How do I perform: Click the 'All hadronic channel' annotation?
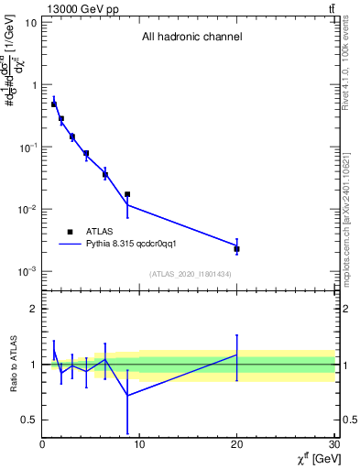(x=191, y=38)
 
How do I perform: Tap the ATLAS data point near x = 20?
(x=236, y=249)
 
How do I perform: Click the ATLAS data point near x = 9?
(x=127, y=194)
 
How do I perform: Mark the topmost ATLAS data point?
(x=54, y=104)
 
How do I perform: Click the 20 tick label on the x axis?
(x=236, y=445)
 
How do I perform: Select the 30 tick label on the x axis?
(x=333, y=445)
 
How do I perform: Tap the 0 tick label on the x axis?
(x=42, y=445)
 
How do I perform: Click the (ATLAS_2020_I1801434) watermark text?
(x=189, y=274)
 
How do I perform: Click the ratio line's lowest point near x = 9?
(x=127, y=396)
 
